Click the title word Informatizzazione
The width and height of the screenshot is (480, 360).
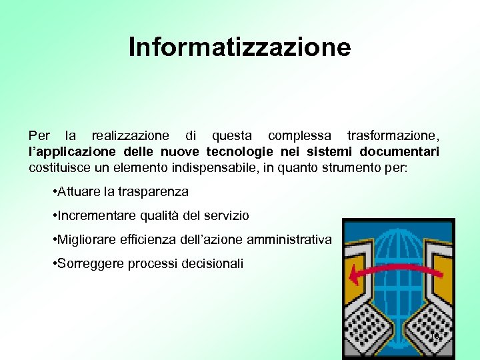(239, 48)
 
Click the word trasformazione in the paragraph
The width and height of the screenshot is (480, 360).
(392, 136)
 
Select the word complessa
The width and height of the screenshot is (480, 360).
(300, 136)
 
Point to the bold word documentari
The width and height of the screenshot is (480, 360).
(402, 151)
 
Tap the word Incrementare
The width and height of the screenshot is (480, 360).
(97, 216)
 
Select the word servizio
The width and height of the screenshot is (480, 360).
(225, 216)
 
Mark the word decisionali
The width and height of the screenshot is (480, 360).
(213, 264)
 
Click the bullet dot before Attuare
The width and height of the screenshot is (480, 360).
(53, 192)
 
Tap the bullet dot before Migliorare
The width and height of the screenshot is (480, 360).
(53, 240)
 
